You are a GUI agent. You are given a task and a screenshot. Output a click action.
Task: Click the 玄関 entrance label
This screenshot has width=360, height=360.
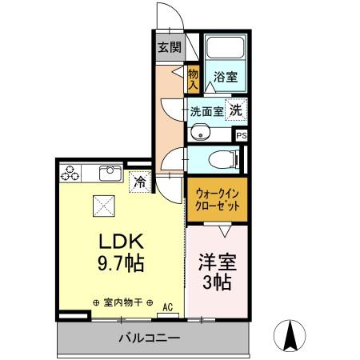tap(168, 47)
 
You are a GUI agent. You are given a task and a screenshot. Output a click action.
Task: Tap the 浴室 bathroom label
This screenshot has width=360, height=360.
tap(225, 78)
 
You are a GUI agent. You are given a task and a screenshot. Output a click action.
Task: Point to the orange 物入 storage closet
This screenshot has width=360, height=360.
tap(193, 78)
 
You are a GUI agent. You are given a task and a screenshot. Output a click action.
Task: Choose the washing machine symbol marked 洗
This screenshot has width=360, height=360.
tap(236, 110)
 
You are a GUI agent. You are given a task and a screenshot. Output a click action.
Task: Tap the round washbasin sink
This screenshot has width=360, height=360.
tap(200, 133)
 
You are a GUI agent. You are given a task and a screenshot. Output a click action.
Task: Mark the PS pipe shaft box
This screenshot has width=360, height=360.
tap(241, 135)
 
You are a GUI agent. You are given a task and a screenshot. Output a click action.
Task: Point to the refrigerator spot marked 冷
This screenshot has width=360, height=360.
tap(140, 181)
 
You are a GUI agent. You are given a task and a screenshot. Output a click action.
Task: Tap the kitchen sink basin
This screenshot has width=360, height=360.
tap(109, 172)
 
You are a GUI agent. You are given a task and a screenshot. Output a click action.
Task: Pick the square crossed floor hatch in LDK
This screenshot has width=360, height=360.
tap(103, 206)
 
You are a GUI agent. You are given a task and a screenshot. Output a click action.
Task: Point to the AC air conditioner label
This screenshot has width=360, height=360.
tap(168, 306)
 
